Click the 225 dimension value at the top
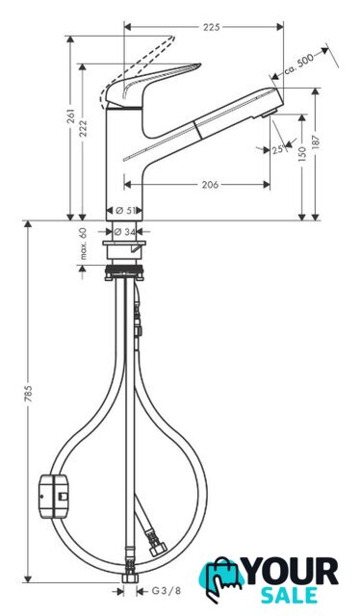tap(212, 27)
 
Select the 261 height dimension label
tap(71, 115)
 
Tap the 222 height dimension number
tap(84, 128)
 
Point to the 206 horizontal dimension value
tap(210, 185)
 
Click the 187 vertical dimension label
tap(317, 141)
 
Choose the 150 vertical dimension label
tap(302, 154)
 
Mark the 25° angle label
tap(278, 149)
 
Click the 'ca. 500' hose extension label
tap(299, 64)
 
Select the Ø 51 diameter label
tap(124, 211)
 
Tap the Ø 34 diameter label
tap(124, 232)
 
